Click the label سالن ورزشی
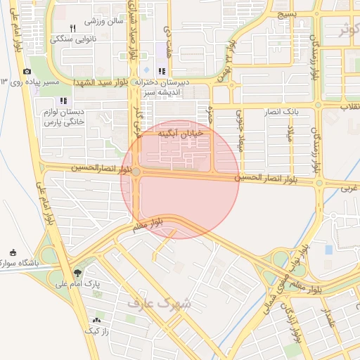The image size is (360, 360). tap(105, 20)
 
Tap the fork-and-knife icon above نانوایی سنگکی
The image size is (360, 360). tap(72, 28)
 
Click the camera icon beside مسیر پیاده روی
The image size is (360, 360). tap(27, 72)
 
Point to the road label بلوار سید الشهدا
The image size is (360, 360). tap(105, 83)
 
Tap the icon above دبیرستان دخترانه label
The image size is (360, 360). tap(162, 71)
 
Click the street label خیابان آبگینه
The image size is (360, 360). tap(180, 132)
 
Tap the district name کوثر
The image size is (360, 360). tap(347, 31)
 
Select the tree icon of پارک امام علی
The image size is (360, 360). tap(77, 273)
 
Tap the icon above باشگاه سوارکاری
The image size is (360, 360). tap(13, 252)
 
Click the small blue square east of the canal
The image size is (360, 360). tap(328, 250)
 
